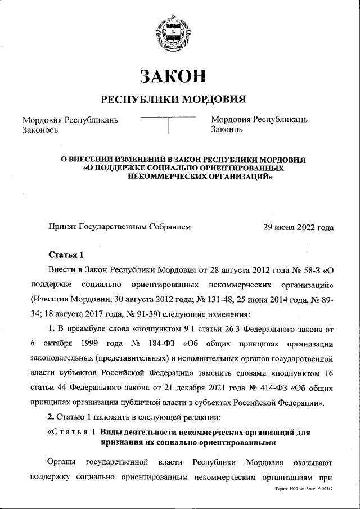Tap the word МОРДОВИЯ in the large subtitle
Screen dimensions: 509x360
coord(214,100)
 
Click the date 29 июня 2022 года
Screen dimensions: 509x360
coord(299,227)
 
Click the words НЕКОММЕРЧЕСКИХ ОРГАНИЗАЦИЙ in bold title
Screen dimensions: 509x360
coord(201,175)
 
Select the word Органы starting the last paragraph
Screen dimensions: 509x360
coord(62,462)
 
